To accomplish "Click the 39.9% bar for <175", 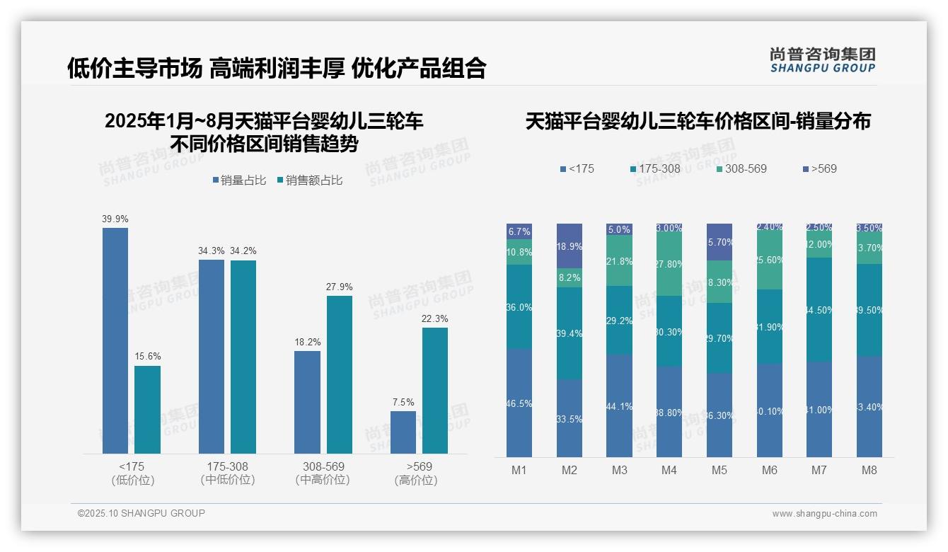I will (115, 340).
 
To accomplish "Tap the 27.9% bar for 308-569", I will (339, 374).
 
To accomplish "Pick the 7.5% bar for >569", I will (403, 432).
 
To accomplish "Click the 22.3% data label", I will (434, 318).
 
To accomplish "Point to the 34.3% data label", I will (211, 251).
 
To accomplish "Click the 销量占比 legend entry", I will (239, 180).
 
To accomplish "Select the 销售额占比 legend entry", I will (309, 180).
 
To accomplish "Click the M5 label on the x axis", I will (719, 470).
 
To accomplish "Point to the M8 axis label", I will (869, 470).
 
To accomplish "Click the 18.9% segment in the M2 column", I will (569, 246).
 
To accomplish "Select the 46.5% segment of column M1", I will (519, 403).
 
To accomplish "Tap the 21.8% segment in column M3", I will (619, 260).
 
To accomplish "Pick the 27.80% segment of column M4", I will (669, 263).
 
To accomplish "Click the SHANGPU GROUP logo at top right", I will (822, 60).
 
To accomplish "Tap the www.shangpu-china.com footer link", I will (824, 514).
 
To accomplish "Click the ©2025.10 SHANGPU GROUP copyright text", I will (141, 513).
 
